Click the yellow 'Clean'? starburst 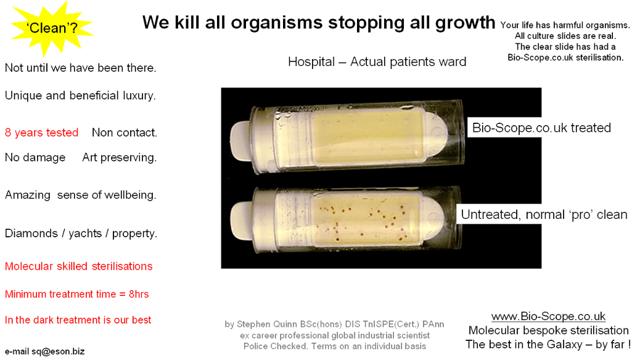click(51, 28)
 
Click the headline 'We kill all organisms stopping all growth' click(318, 22)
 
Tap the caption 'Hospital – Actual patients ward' click(377, 62)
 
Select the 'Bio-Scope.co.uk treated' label click(541, 128)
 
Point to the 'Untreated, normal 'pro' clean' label click(544, 215)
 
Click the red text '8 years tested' click(42, 133)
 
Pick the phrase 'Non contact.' click(125, 133)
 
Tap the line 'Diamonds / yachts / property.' click(81, 234)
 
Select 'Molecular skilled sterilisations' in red click(79, 266)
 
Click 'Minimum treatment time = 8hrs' click(76, 294)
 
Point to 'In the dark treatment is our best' click(78, 320)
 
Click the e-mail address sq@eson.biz click(58, 351)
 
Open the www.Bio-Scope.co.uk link click(548, 316)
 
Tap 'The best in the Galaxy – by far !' click(548, 345)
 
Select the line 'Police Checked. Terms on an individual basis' click(335, 346)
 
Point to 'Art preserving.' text click(120, 158)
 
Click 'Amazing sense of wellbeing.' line click(80, 195)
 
